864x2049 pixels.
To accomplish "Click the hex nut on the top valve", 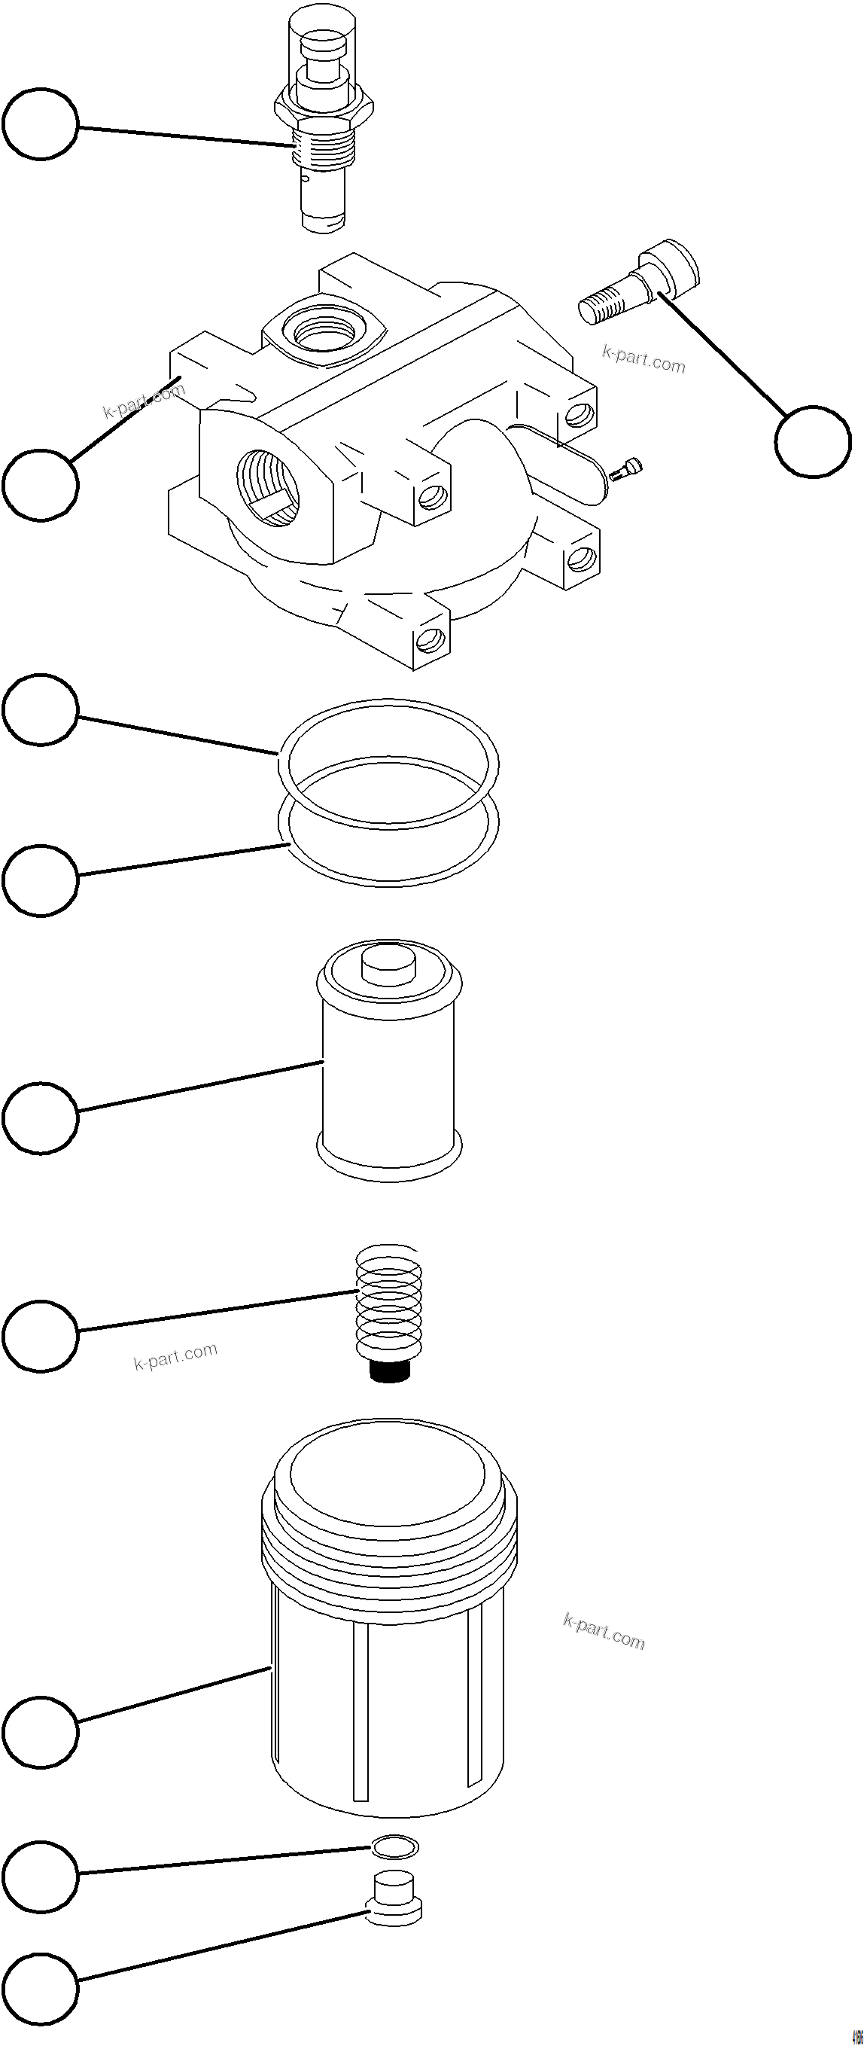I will coord(324,108).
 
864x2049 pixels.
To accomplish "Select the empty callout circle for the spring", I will coord(41,1336).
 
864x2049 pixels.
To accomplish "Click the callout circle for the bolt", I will coord(812,441).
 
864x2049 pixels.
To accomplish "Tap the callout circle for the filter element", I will coord(41,1117).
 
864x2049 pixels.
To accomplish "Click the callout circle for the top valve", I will coord(41,124).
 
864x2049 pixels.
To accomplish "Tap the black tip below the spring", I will coord(389,1371).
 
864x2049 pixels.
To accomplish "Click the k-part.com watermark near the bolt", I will coord(643,358).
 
